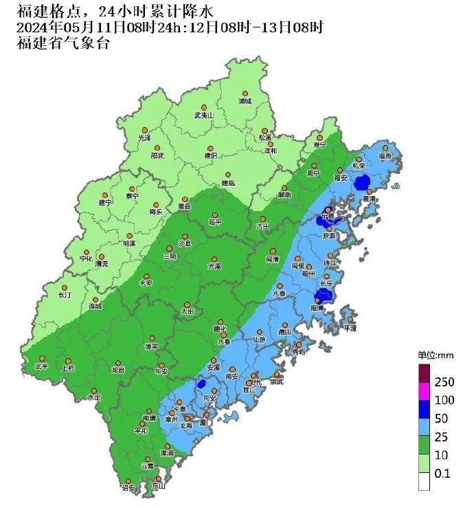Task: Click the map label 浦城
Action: pos(245,102)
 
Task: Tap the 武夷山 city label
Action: pos(204,115)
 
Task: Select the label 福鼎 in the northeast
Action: pos(385,156)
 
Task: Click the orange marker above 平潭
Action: pos(350,320)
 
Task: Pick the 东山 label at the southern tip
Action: pos(159,487)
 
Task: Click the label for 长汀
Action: pos(65,296)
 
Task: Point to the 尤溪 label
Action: pos(214,265)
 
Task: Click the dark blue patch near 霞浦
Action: pos(362,182)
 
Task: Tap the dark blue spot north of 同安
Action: pos(202,384)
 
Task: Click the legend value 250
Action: pos(444,382)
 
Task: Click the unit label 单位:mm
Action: pos(433,355)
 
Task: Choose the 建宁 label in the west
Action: pos(105,203)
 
